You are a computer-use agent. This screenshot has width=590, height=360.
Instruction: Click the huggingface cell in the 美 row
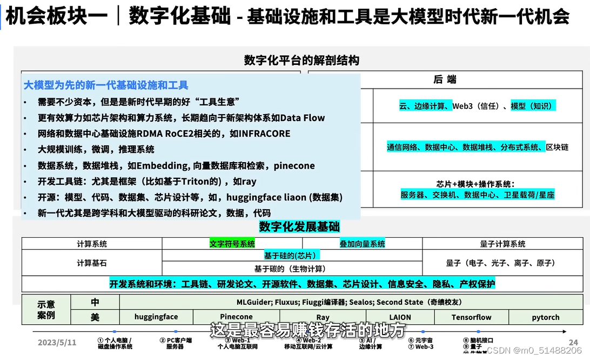coord(156,317)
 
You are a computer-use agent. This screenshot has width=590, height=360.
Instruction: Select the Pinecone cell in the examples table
coord(236,317)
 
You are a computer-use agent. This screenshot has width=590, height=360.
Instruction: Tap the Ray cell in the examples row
coord(323,317)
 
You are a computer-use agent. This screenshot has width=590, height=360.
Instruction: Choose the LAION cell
coord(400,317)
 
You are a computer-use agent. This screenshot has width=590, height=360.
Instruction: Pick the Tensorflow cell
coord(471,317)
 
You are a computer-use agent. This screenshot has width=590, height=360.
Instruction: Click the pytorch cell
coord(545,317)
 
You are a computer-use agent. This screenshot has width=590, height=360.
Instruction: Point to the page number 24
coord(573,342)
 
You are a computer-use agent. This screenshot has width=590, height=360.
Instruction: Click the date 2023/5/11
coord(57,342)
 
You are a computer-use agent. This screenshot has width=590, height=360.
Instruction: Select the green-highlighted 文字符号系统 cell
coord(232,244)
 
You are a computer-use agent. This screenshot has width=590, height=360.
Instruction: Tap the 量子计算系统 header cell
coord(502,244)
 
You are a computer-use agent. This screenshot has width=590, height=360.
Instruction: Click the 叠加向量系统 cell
coord(362,244)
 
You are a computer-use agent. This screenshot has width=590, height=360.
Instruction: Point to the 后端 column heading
coord(445,79)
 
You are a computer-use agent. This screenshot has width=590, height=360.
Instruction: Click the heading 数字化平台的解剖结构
coord(301,60)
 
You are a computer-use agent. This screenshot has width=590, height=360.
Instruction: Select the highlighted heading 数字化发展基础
coord(299,226)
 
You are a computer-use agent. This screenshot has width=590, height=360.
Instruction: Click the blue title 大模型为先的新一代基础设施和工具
coord(106,85)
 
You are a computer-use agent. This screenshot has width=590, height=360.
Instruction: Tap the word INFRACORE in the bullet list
coord(264,134)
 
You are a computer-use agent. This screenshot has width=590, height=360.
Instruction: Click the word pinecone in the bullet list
coord(294,166)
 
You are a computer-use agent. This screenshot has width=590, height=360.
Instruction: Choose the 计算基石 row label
coord(92,263)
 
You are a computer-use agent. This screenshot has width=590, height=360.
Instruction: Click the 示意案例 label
coord(46,310)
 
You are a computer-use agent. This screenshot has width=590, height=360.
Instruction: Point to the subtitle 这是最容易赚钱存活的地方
coord(307,330)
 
